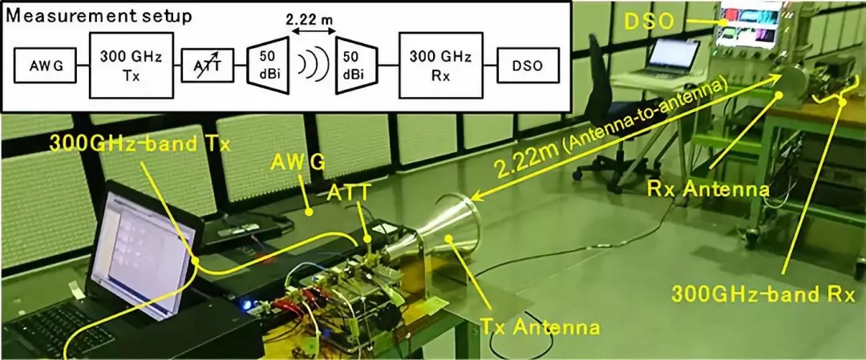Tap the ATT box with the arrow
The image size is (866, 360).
(x=207, y=65)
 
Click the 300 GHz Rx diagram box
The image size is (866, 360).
(x=440, y=65)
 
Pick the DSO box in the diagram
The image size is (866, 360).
(x=527, y=66)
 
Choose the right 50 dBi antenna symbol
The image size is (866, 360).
(x=356, y=65)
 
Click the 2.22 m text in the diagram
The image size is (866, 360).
(x=313, y=21)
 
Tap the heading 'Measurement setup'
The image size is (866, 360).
(x=98, y=15)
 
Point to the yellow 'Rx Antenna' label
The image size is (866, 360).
(x=708, y=191)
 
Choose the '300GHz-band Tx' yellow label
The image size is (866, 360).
(x=140, y=144)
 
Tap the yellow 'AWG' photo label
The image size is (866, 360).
(x=298, y=163)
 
